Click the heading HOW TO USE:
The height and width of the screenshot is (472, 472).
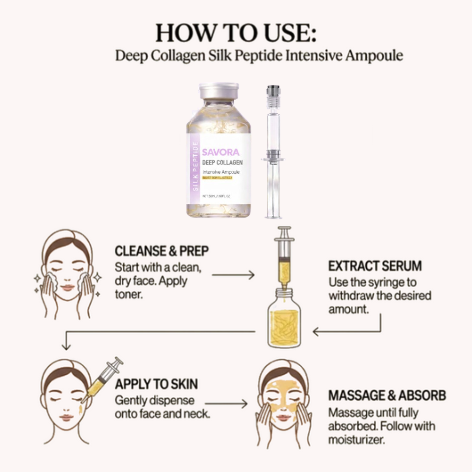(236, 34)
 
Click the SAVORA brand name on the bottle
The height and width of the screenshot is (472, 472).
(221, 152)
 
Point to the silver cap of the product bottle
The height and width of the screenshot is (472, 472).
(219, 91)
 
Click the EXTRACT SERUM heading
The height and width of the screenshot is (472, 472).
(375, 266)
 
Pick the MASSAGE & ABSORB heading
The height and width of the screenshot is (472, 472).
(387, 395)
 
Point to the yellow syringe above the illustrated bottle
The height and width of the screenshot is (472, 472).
(284, 260)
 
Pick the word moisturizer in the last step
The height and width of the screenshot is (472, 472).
(356, 440)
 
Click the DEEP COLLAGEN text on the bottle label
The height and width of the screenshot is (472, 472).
(222, 163)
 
